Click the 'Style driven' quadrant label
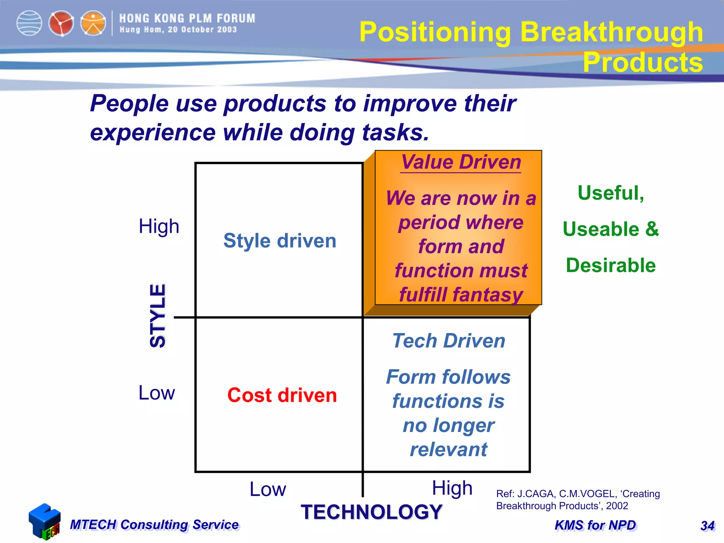[280, 241]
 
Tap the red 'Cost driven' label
[282, 395]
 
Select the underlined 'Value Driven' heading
[461, 162]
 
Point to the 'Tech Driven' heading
[449, 341]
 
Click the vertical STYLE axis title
[158, 316]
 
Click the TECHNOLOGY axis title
[371, 512]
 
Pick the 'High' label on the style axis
[159, 226]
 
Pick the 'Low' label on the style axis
[157, 393]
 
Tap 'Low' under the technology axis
[268, 489]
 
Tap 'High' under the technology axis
[452, 488]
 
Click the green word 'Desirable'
[611, 265]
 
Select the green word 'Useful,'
[611, 193]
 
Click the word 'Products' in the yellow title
[642, 62]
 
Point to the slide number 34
[707, 526]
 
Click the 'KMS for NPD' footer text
[595, 525]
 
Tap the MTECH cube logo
[45, 521]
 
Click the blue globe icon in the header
[29, 23]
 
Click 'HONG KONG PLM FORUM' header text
[187, 18]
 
